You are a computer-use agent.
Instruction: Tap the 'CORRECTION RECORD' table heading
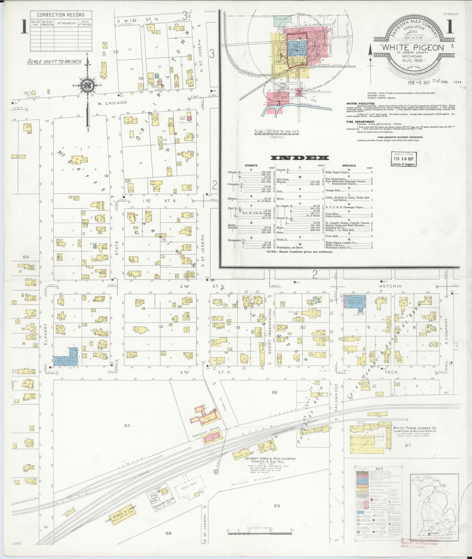61,15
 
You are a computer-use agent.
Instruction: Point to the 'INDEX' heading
299,158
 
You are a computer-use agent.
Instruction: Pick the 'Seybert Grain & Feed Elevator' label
270,459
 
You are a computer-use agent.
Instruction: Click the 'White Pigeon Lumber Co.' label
414,428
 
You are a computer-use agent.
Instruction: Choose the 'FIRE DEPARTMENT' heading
360,122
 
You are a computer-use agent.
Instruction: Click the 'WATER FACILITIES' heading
360,104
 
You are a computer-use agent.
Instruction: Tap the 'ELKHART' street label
46,334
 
